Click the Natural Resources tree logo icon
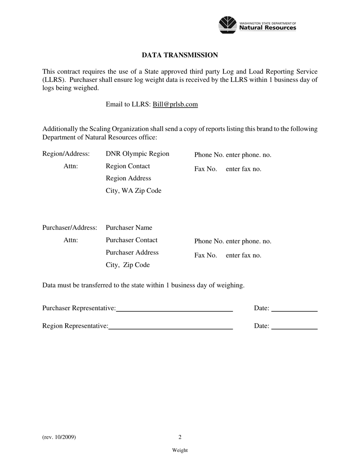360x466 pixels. click(x=228, y=25)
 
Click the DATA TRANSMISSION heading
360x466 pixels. click(x=180, y=55)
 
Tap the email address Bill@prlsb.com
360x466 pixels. click(x=175, y=104)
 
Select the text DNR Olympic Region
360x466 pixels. click(x=137, y=154)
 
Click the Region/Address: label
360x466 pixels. click(x=66, y=154)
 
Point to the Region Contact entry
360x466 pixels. click(x=128, y=166)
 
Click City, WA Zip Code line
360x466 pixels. click(x=133, y=191)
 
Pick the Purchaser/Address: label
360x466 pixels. click(x=70, y=228)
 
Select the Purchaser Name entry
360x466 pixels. click(x=129, y=228)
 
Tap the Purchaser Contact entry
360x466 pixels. click(x=131, y=240)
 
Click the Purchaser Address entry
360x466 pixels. click(x=132, y=253)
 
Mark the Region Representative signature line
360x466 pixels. click(x=171, y=328)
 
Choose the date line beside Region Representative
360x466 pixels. click(x=294, y=328)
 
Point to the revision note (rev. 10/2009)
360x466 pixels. click(x=59, y=437)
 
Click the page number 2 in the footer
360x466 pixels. click(x=180, y=437)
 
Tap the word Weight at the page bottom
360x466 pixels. click(x=180, y=450)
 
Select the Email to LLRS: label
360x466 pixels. click(x=128, y=104)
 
